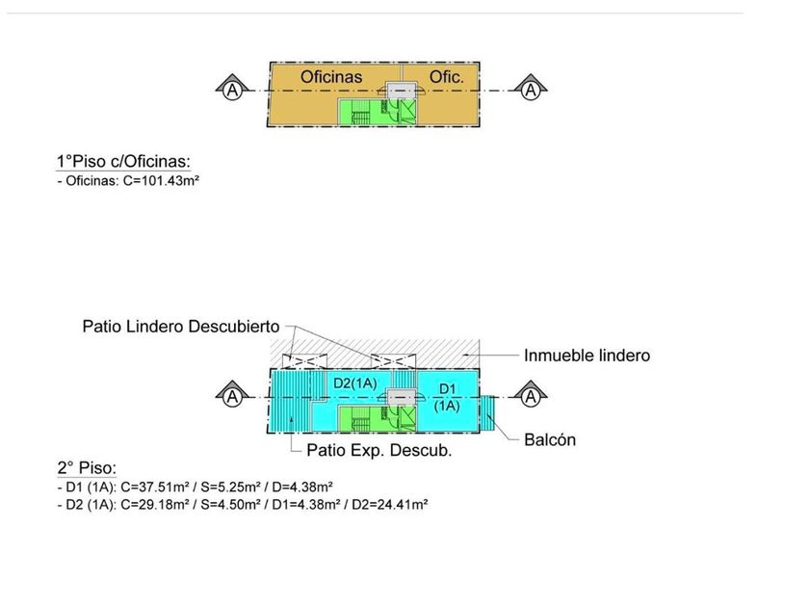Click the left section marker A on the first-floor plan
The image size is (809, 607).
click(231, 90)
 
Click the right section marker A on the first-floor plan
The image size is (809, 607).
click(530, 90)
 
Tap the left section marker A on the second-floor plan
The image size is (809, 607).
click(231, 396)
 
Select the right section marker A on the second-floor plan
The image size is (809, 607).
click(530, 396)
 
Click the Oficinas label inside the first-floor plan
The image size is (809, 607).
click(331, 75)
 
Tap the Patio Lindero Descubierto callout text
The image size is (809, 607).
click(182, 328)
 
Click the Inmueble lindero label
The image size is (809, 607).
click(587, 356)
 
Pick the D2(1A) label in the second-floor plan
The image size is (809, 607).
click(354, 383)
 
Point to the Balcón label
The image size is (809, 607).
click(550, 440)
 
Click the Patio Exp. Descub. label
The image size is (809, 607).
click(378, 450)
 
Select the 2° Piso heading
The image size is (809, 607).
click(87, 468)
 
